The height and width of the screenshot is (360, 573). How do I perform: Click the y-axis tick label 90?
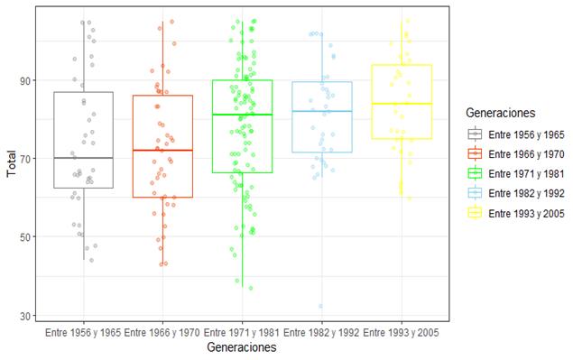[30, 80]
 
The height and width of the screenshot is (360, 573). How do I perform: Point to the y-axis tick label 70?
[30, 159]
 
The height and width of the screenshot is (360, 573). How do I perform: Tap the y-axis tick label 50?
[30, 237]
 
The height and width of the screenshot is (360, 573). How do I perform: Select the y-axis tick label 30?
[30, 315]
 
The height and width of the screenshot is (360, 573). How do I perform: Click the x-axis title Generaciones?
[241, 347]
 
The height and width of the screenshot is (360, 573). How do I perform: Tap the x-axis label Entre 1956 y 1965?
[83, 333]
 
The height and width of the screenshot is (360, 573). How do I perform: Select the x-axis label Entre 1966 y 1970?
[162, 333]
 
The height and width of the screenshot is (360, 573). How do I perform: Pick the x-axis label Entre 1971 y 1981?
[242, 333]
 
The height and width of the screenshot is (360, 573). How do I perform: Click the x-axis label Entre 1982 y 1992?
[321, 333]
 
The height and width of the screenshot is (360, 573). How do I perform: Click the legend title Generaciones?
[495, 114]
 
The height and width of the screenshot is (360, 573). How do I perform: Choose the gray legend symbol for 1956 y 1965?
[475, 134]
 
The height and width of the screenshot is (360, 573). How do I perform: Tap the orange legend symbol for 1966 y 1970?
[475, 153]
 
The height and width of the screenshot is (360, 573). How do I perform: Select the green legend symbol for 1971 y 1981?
[475, 173]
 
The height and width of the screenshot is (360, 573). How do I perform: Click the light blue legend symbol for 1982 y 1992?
[475, 193]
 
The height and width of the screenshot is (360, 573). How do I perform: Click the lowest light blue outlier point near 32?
[320, 306]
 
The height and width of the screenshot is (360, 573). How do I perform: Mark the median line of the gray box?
[83, 158]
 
